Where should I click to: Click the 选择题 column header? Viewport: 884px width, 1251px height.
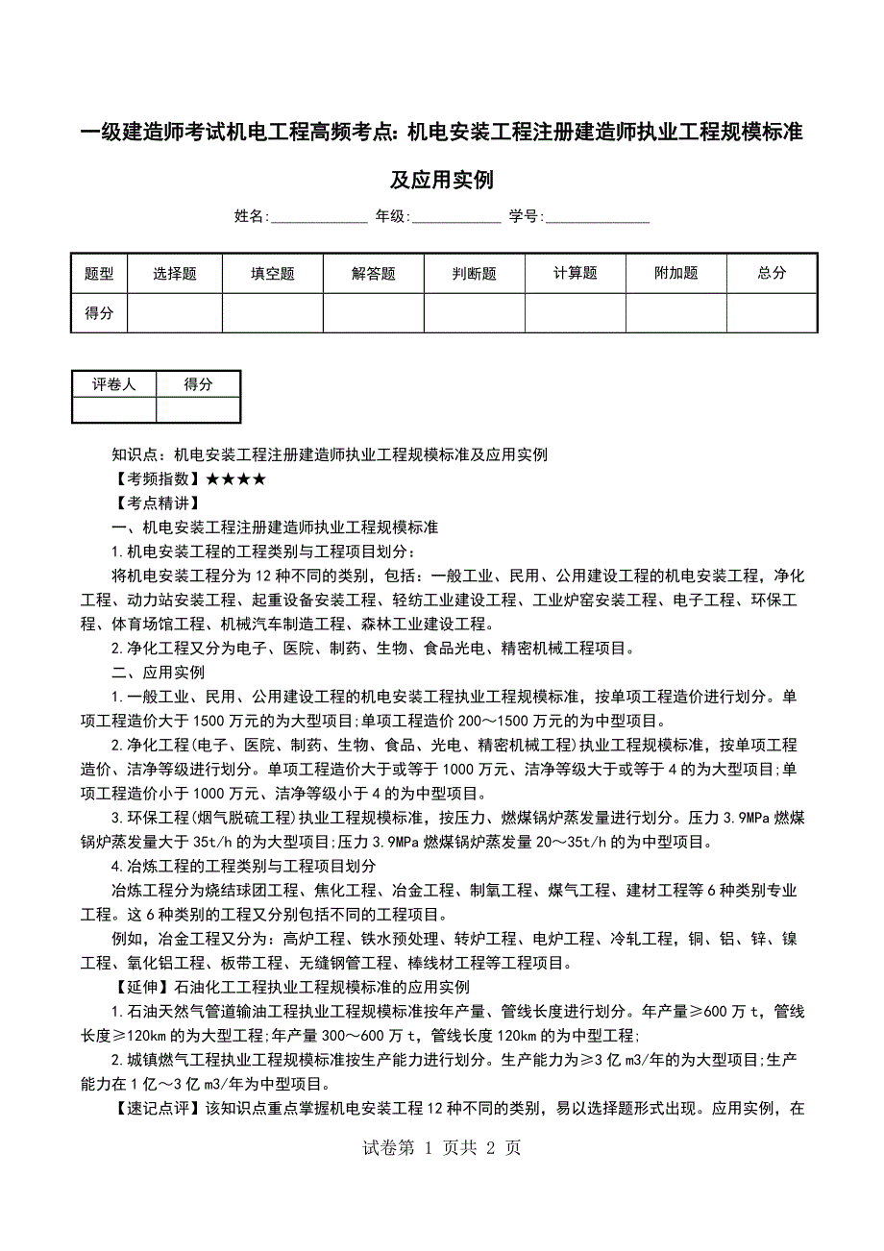pyautogui.click(x=175, y=274)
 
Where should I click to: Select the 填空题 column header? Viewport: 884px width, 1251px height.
pyautogui.click(x=273, y=274)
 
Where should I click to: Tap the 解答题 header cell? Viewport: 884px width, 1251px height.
pyautogui.click(x=374, y=274)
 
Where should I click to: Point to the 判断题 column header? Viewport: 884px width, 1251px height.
pyautogui.click(x=475, y=274)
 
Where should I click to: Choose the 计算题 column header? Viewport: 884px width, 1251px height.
pyautogui.click(x=576, y=274)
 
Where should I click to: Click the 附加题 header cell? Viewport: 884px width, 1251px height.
pyautogui.click(x=676, y=274)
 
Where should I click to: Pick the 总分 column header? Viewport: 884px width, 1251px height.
pyautogui.click(x=772, y=274)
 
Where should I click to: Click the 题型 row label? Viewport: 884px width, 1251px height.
pyautogui.click(x=99, y=274)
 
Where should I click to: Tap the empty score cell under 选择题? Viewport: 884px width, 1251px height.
pyautogui.click(x=175, y=313)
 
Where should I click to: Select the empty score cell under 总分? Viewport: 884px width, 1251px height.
pyautogui.click(x=772, y=313)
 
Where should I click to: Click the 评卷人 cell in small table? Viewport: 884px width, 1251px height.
pyautogui.click(x=114, y=384)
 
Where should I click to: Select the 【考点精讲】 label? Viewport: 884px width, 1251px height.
pyautogui.click(x=157, y=503)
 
